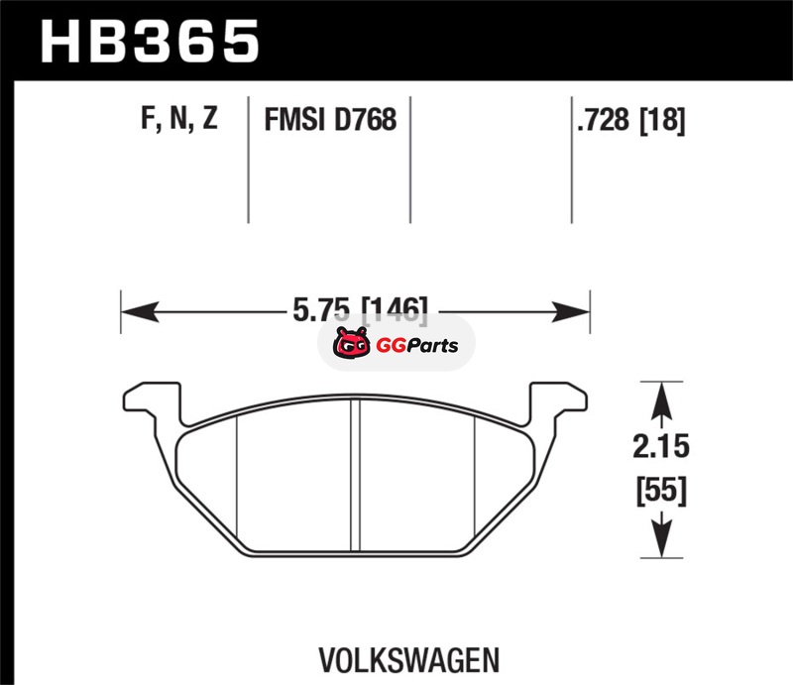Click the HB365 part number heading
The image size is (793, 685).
[150, 42]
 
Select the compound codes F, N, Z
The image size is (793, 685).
[179, 118]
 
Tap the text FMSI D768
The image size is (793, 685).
[330, 119]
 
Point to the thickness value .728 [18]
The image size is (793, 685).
[631, 120]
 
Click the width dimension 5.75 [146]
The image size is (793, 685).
[360, 309]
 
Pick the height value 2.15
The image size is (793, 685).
[661, 446]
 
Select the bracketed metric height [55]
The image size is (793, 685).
[661, 490]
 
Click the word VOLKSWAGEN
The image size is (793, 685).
[409, 659]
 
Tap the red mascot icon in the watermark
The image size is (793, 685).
[352, 344]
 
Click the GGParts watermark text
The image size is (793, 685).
[417, 346]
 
